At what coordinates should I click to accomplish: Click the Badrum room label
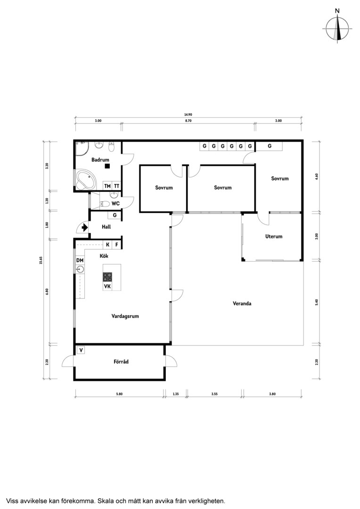click(100, 160)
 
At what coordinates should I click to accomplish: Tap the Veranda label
click(242, 304)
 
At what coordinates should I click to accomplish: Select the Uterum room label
click(274, 236)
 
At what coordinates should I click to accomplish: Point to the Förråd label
click(121, 361)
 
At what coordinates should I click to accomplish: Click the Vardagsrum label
click(125, 316)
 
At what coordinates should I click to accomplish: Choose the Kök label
click(104, 256)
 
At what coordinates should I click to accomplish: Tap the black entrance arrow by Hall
click(85, 227)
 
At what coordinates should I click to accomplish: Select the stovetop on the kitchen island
click(107, 277)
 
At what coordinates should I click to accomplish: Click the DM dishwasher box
click(80, 260)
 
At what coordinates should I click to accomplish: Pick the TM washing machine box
click(107, 186)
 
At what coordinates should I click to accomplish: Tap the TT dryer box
click(116, 186)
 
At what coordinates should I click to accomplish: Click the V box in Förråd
click(81, 350)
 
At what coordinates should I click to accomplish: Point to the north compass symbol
click(337, 28)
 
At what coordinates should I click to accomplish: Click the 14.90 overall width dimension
click(188, 115)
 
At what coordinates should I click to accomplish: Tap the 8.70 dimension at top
click(188, 121)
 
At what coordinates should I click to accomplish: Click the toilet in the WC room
click(105, 204)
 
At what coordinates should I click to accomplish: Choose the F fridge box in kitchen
click(117, 245)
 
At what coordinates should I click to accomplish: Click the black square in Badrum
click(107, 166)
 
